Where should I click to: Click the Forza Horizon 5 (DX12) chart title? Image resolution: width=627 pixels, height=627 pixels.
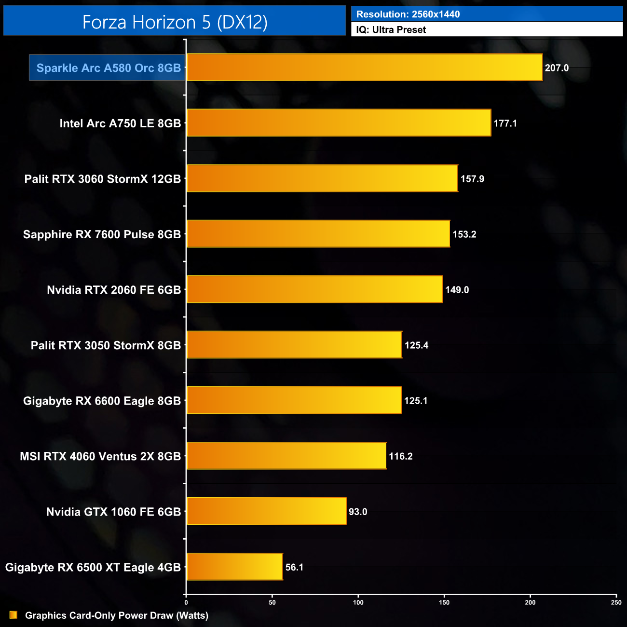(175, 22)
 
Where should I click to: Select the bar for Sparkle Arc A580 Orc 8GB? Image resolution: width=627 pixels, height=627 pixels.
(364, 68)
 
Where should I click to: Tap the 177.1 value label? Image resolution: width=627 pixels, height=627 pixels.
(505, 123)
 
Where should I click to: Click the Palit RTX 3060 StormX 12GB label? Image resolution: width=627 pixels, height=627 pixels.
(103, 179)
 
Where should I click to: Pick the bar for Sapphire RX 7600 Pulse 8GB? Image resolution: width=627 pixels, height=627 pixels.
(318, 234)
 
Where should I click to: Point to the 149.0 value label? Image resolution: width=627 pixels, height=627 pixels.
(457, 290)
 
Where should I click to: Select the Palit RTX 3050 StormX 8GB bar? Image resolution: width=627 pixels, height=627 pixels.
(294, 345)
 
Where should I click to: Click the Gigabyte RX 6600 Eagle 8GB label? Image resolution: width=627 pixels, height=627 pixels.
(102, 401)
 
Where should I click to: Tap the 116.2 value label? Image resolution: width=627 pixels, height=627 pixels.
(400, 456)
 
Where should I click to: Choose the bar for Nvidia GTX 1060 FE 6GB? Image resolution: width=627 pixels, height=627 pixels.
(266, 511)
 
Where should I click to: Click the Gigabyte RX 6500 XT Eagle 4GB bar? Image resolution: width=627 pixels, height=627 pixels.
(234, 567)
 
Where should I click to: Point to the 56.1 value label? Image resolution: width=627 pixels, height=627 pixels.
(294, 567)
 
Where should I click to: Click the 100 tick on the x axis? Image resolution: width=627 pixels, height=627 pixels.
(358, 602)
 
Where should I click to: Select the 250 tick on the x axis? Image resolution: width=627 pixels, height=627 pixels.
(616, 602)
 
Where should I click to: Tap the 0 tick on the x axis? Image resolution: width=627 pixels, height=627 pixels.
(186, 602)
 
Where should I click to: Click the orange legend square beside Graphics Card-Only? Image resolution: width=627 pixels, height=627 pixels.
(14, 615)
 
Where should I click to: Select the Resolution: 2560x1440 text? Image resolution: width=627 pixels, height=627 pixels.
(408, 14)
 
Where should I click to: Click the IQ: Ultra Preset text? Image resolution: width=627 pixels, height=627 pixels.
(391, 30)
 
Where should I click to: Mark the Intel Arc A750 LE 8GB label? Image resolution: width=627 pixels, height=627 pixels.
(120, 123)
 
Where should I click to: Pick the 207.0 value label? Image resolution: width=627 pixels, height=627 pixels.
(557, 68)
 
